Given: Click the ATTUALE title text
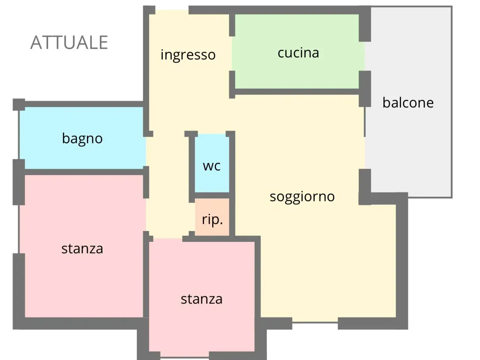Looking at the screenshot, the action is [x=69, y=42].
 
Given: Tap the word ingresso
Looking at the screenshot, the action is [x=188, y=55].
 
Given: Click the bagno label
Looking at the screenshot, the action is [x=82, y=139].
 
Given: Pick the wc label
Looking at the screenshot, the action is [x=211, y=166].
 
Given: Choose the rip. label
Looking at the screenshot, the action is [x=212, y=219].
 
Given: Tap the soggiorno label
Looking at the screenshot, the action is [x=302, y=197].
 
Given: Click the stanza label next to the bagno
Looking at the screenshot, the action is [x=82, y=249].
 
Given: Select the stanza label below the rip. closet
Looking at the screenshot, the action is [x=202, y=299].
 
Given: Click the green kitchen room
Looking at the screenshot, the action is [x=297, y=51].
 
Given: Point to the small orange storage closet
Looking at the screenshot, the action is [x=212, y=217].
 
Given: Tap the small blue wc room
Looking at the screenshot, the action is [x=212, y=163].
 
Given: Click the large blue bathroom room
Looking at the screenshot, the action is [x=82, y=138].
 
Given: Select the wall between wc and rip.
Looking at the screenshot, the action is [x=212, y=195].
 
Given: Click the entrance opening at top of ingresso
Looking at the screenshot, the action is [x=172, y=10].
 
